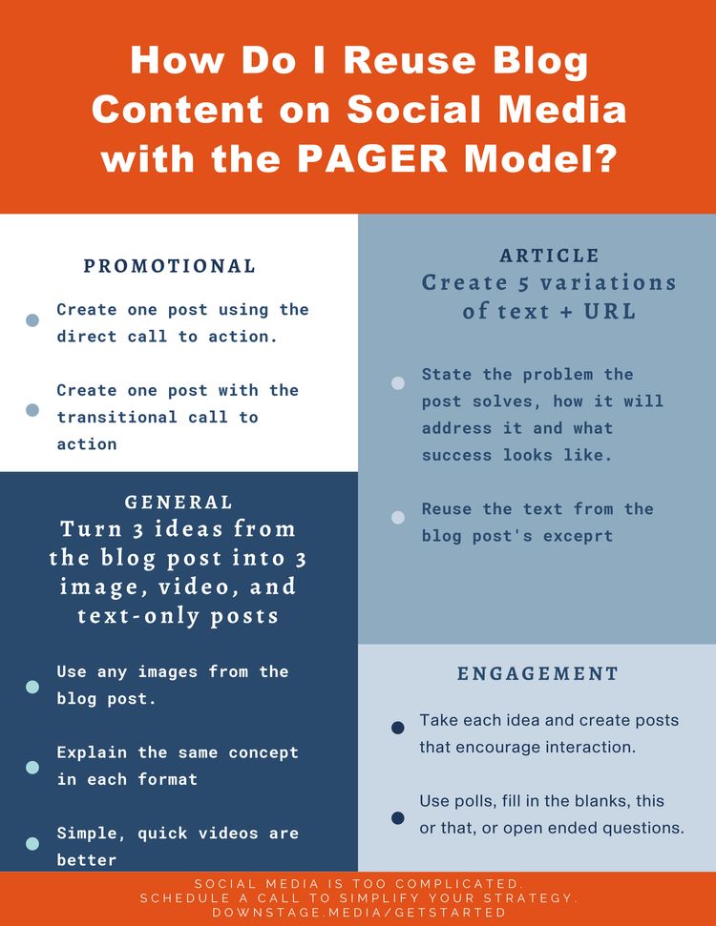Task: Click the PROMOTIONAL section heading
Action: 169,266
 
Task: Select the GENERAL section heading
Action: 179,502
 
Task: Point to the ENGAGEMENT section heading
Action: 537,673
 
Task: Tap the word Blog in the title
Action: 536,60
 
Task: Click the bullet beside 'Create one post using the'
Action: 32,320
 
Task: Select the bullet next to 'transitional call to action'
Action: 32,409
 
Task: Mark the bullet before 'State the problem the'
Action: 398,383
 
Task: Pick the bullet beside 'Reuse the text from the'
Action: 398,518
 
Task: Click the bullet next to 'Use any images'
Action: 32,687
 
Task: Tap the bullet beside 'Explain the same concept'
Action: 32,767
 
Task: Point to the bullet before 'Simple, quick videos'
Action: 32,843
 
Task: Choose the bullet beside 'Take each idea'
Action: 398,729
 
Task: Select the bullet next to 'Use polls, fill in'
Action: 398,818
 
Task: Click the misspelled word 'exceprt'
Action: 578,536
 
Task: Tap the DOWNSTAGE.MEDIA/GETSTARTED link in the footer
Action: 358,913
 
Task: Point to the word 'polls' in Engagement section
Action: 474,800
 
